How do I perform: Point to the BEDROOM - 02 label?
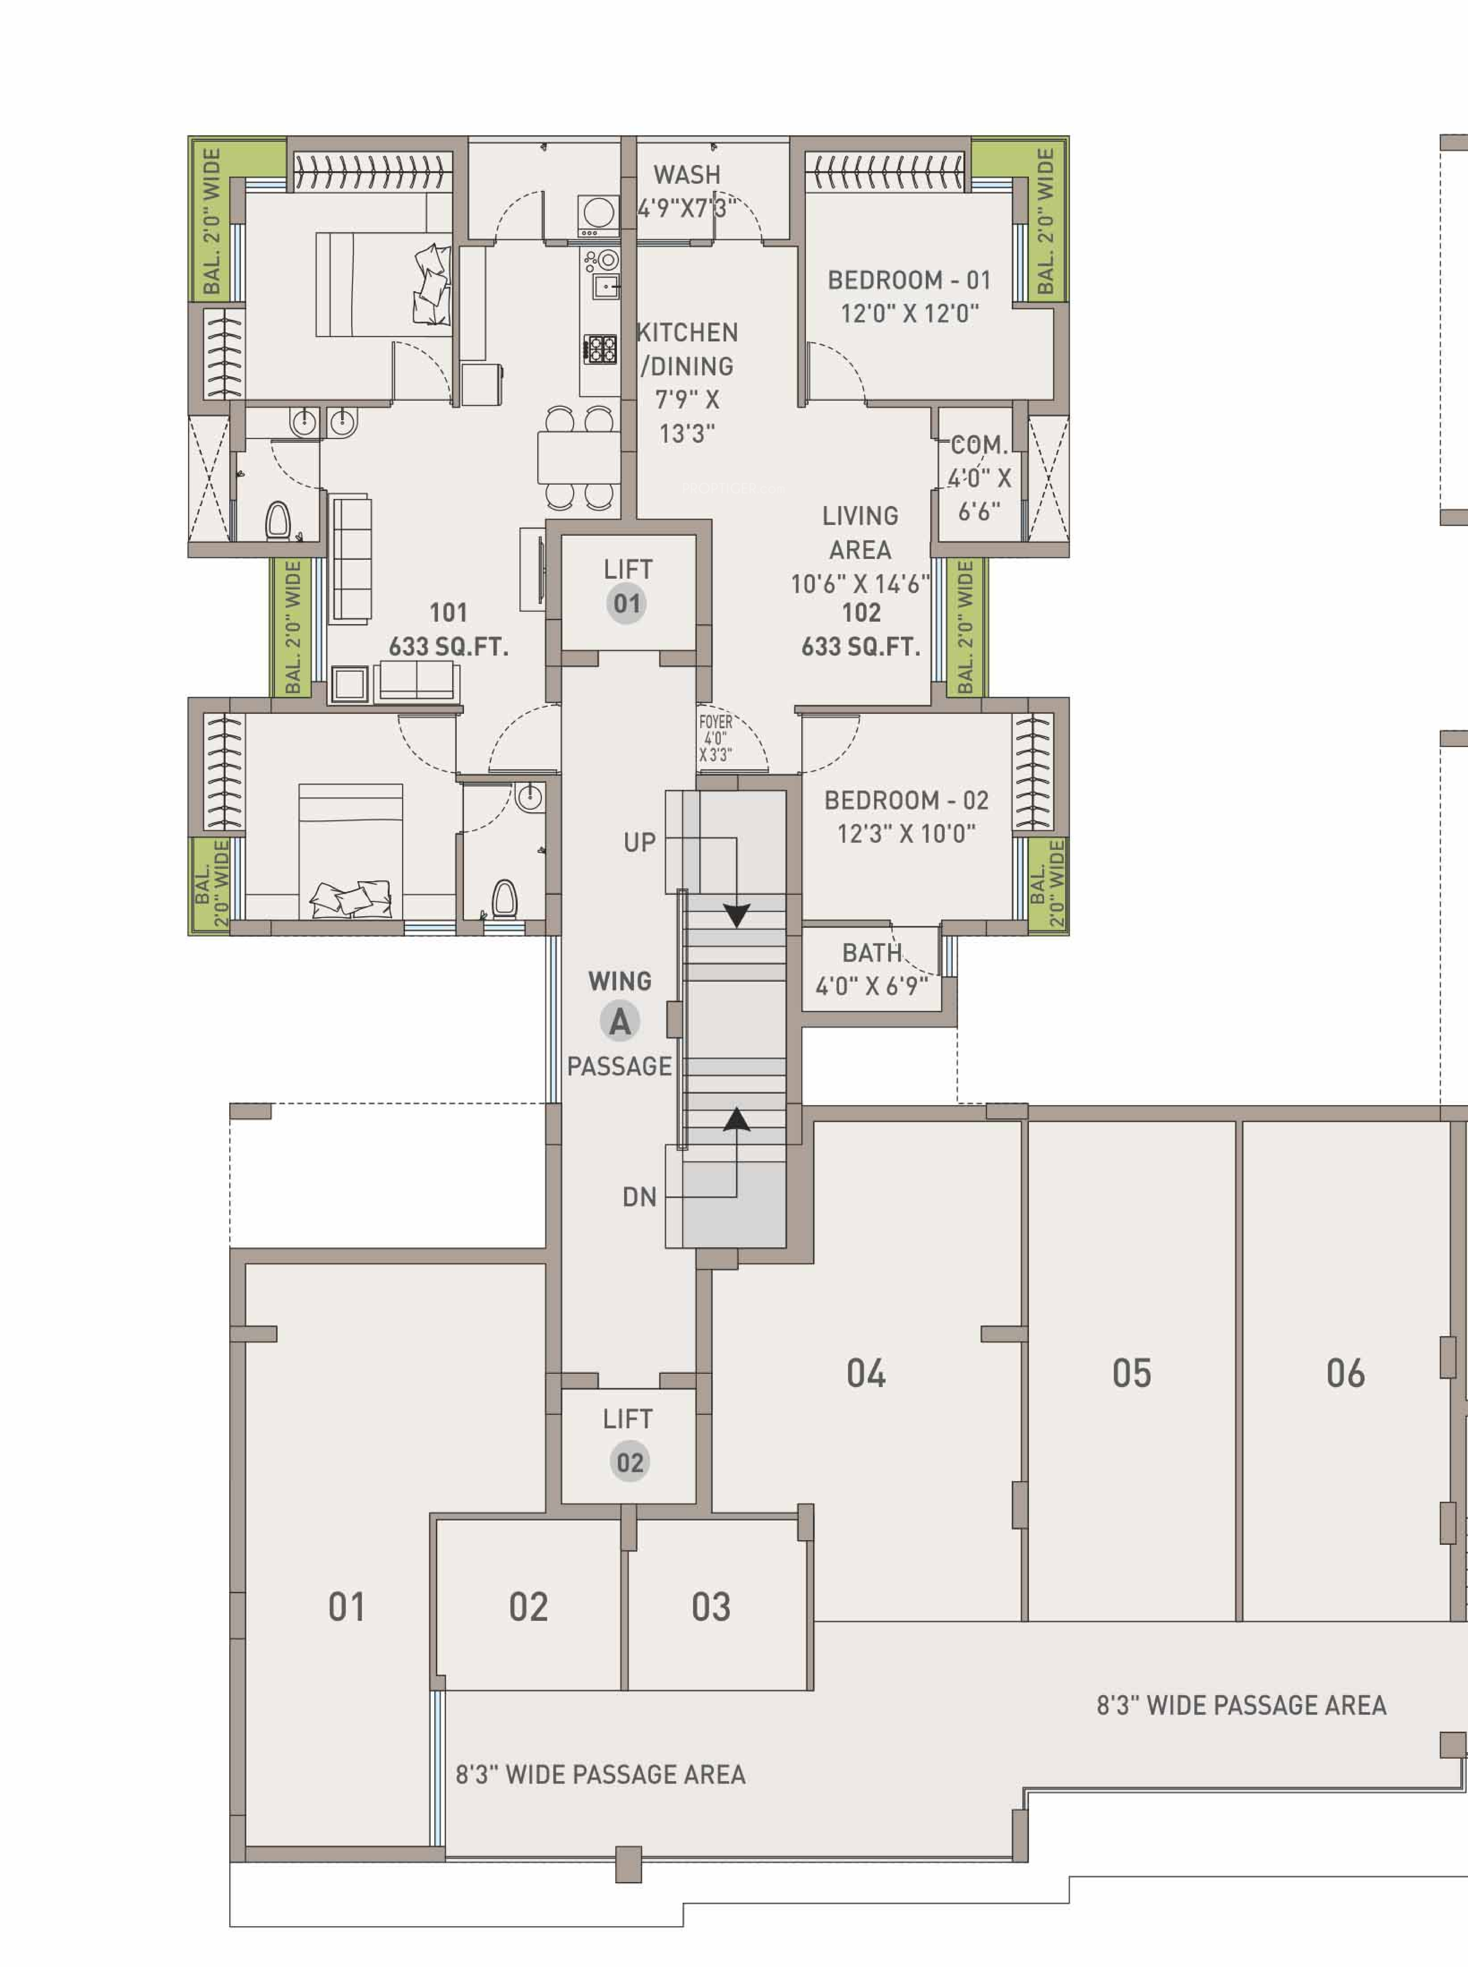pos(906,800)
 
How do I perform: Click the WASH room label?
pos(687,175)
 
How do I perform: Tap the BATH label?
pos(872,953)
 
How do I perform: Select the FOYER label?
pos(715,722)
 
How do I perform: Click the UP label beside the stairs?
pos(639,842)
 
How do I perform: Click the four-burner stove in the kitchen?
pos(600,348)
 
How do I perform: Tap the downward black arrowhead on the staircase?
pos(737,915)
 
